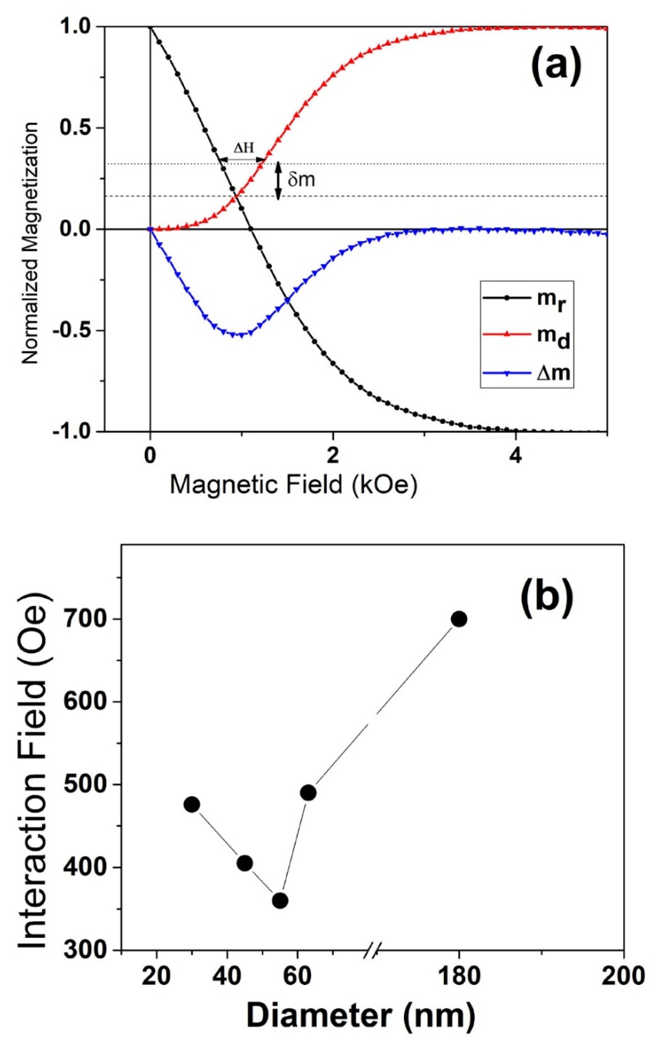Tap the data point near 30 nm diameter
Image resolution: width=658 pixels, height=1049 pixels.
192,805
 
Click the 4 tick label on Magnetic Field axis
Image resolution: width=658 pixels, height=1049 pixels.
515,458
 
